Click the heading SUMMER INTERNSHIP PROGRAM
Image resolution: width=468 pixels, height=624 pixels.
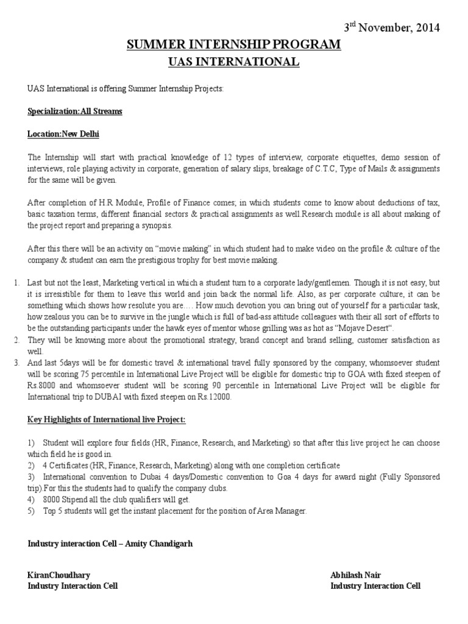[x=233, y=45]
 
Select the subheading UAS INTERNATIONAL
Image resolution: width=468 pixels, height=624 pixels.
[x=233, y=62]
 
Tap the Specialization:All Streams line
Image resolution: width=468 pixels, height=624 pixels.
[x=75, y=112]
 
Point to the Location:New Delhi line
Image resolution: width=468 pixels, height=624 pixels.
[x=63, y=134]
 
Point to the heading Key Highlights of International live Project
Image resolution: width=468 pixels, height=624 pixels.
[x=107, y=420]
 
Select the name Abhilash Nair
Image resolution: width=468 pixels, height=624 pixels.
[x=355, y=575]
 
